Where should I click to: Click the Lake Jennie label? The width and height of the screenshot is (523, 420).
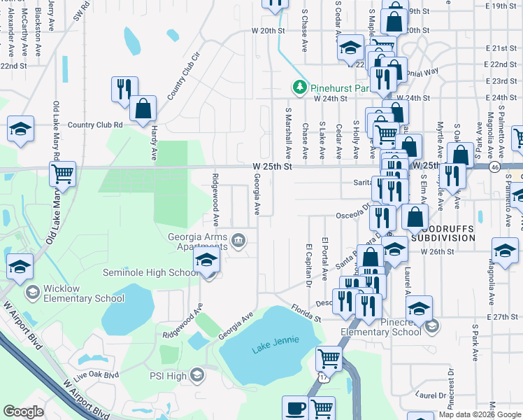click(275, 340)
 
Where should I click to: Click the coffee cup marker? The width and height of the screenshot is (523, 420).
click(296, 407)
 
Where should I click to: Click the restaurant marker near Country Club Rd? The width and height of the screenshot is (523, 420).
click(124, 89)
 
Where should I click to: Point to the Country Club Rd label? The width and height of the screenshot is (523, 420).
click(95, 125)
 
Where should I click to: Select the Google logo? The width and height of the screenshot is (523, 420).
click(23, 412)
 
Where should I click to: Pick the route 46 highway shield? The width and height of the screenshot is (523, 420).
click(494, 167)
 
